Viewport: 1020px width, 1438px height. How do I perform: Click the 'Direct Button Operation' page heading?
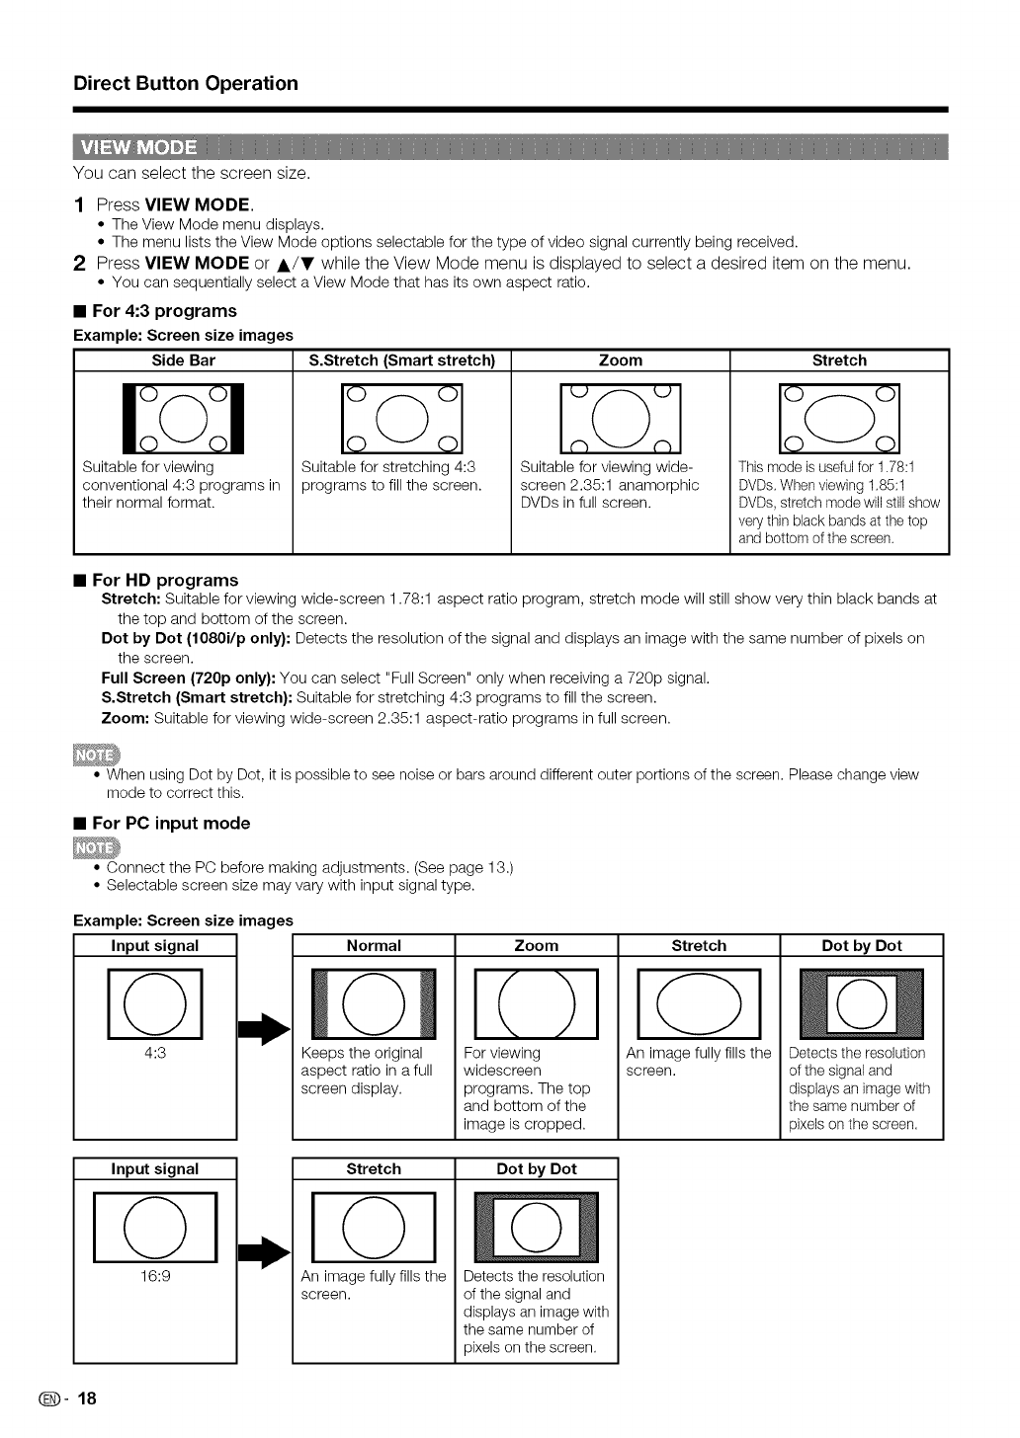tap(186, 83)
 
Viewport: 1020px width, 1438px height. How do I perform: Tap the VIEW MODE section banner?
tap(138, 148)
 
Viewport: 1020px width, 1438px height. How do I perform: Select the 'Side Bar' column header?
tap(183, 360)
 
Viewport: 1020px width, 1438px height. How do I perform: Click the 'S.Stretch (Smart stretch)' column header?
tap(402, 360)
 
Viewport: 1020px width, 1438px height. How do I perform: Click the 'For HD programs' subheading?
tap(164, 580)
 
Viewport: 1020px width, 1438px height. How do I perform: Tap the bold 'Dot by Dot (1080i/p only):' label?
tap(196, 638)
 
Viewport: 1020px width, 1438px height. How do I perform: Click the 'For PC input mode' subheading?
tap(170, 823)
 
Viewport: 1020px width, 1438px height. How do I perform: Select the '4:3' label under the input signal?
tap(155, 1053)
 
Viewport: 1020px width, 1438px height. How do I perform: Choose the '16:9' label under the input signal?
tap(155, 1276)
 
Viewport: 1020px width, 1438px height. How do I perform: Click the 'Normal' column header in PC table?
tap(374, 945)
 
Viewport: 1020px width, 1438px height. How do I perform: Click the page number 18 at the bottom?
tap(88, 1398)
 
